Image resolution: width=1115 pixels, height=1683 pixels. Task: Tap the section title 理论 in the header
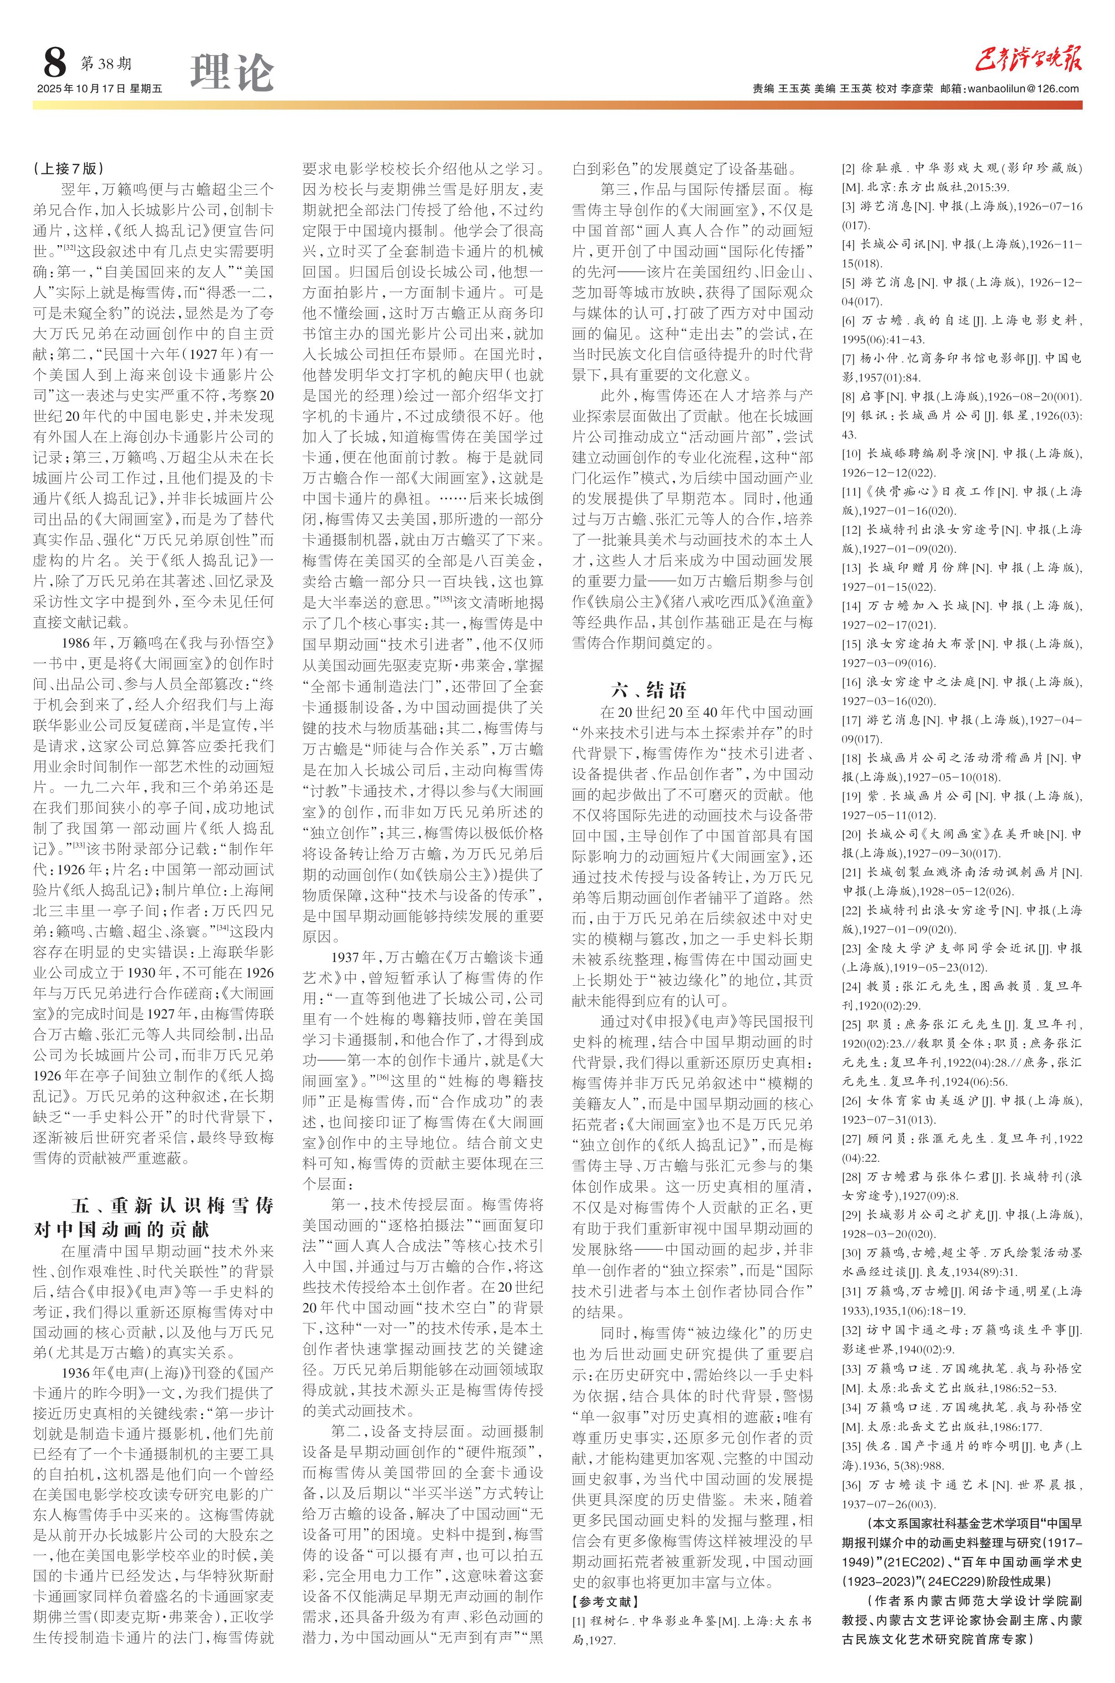pyautogui.click(x=232, y=72)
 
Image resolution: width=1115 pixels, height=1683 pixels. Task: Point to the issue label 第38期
pyautogui.click(x=106, y=64)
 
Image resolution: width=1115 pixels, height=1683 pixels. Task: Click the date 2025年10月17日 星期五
pyautogui.click(x=100, y=89)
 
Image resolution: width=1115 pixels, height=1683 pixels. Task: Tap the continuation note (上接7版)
pyautogui.click(x=69, y=168)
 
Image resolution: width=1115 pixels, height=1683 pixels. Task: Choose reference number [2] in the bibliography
pyautogui.click(x=848, y=168)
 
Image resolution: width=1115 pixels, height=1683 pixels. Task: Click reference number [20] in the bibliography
pyautogui.click(x=851, y=834)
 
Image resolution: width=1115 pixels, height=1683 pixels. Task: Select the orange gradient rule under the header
pyautogui.click(x=557, y=105)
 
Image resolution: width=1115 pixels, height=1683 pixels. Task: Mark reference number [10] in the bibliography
pyautogui.click(x=851, y=454)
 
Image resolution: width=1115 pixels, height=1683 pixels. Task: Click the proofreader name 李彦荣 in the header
pyautogui.click(x=917, y=89)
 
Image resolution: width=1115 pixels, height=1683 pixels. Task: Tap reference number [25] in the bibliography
pyautogui.click(x=851, y=1024)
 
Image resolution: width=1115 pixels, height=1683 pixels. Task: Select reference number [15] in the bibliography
pyautogui.click(x=851, y=644)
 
